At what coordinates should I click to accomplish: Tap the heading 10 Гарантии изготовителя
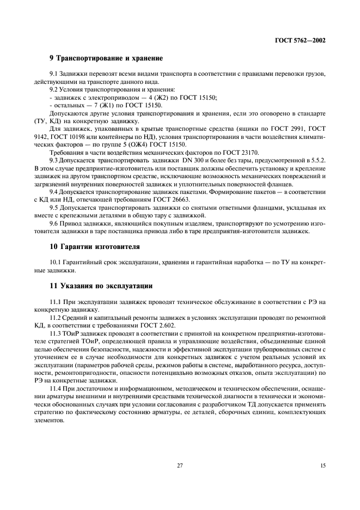coord(95,246)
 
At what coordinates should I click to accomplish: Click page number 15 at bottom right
coord(322,465)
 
